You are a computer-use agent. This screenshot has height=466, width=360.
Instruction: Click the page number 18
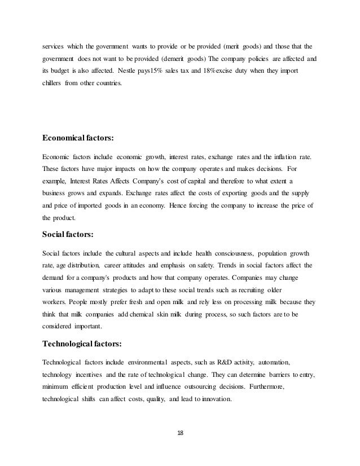180,434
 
